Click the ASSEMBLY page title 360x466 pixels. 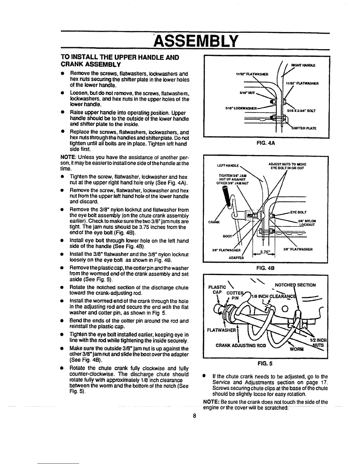tap(195, 41)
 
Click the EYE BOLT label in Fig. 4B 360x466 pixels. tap(298, 212)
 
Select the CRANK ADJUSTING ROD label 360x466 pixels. tap(241, 345)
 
